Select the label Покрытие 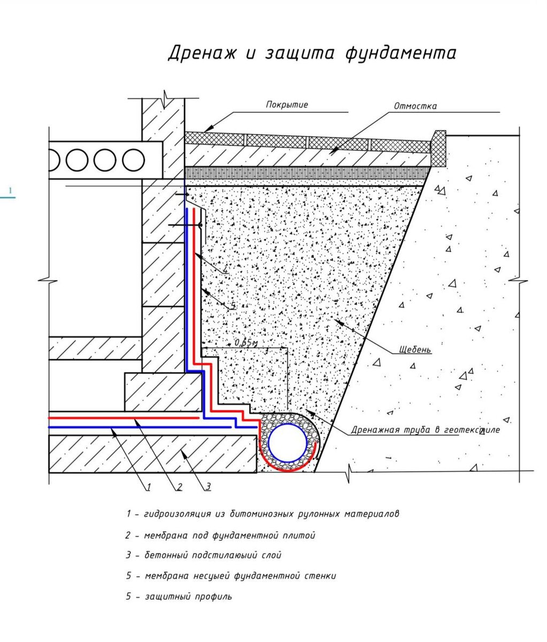click(x=287, y=105)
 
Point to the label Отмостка click(x=415, y=106)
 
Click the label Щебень click(x=415, y=350)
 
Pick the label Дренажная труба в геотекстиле click(x=426, y=430)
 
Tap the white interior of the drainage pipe click(x=288, y=442)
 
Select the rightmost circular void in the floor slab click(x=133, y=160)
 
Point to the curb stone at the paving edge click(x=438, y=148)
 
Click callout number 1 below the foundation click(x=149, y=486)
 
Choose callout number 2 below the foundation click(x=180, y=486)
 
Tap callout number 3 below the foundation click(x=208, y=486)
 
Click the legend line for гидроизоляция click(x=263, y=514)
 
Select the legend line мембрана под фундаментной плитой click(x=220, y=535)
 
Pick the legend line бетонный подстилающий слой click(x=204, y=555)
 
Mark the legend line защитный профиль click(x=179, y=596)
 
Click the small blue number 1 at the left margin click(x=9, y=190)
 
